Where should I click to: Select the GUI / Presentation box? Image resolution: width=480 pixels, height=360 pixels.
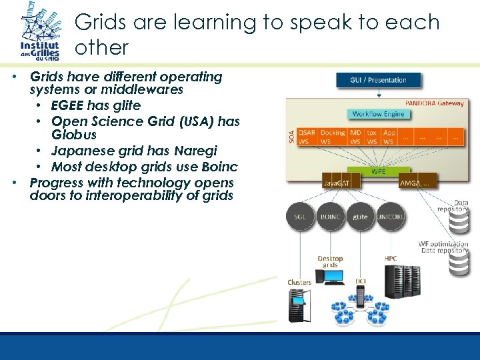(x=377, y=80)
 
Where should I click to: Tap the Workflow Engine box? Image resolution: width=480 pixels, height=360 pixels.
(x=378, y=114)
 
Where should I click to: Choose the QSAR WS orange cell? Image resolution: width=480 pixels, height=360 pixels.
(x=307, y=137)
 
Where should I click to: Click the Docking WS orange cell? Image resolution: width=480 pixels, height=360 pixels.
(x=332, y=137)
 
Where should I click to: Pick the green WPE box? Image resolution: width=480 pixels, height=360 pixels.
(x=378, y=171)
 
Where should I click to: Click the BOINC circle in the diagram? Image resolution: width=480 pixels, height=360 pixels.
(x=331, y=217)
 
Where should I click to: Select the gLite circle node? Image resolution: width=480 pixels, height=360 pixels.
(x=360, y=217)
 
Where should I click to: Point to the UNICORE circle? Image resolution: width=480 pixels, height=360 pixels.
(x=389, y=217)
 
